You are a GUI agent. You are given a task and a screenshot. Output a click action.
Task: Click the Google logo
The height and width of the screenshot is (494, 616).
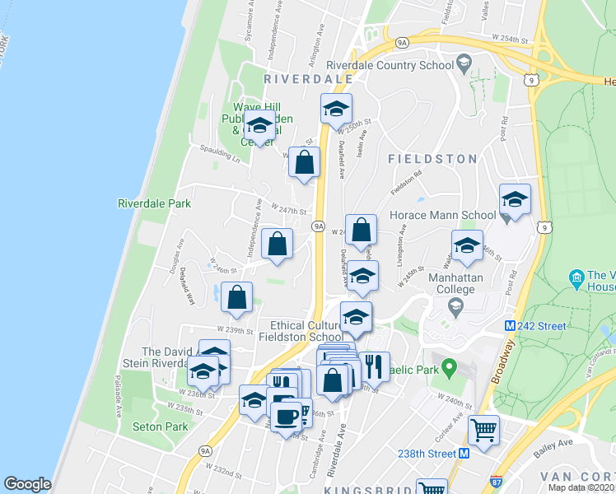pos(27,484)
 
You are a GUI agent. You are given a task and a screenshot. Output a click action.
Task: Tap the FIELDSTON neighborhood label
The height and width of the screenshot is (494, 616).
pos(432,158)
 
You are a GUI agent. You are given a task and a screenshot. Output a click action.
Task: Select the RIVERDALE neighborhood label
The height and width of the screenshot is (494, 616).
pos(308,79)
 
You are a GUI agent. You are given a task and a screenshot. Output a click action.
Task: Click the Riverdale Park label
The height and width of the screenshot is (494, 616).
pos(154,203)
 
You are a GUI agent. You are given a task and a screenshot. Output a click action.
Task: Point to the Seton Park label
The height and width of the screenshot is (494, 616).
pos(160,426)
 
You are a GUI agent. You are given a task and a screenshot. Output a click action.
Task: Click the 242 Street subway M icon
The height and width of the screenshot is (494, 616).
pos(511,326)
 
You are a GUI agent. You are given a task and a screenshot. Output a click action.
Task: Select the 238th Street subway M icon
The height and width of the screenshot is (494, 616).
pos(464,454)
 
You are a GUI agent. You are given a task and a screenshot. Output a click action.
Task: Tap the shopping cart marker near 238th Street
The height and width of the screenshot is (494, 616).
pos(483,429)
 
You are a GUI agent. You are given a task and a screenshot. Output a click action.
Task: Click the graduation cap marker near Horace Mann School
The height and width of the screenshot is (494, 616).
pos(515,200)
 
